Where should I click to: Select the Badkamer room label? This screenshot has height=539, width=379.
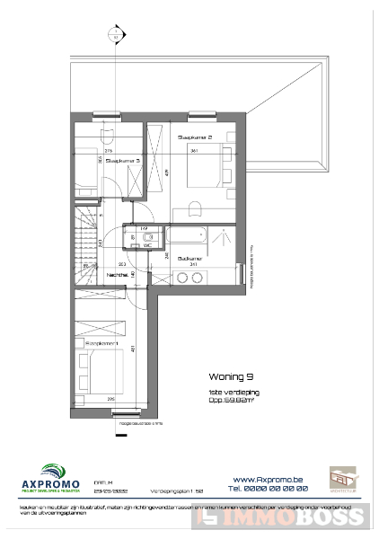(189, 258)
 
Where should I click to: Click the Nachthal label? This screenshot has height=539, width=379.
(116, 275)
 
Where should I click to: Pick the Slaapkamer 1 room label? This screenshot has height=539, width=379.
(101, 343)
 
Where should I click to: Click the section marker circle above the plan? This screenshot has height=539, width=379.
(114, 37)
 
